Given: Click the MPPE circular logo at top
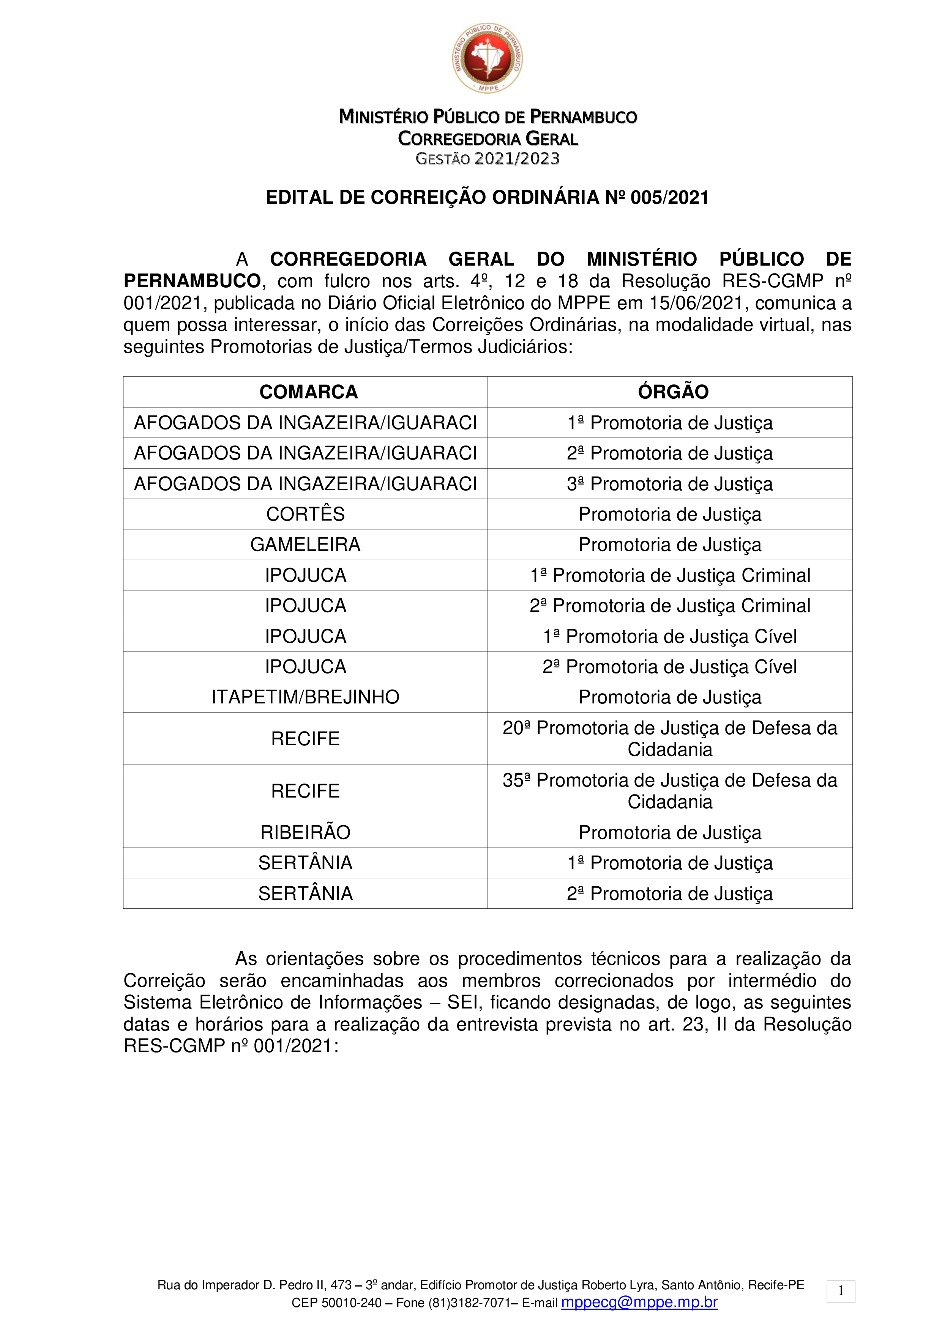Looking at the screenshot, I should [x=487, y=58].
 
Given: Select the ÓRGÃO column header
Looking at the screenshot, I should [x=673, y=392].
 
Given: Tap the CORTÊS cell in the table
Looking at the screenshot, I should [x=305, y=514].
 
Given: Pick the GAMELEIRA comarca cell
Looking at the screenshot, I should [x=305, y=544].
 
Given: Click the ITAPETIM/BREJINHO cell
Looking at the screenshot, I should [x=305, y=697].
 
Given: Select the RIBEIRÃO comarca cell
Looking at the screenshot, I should [x=305, y=832].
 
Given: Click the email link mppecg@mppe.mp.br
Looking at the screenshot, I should [x=639, y=1302].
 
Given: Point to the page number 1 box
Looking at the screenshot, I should [x=841, y=1291].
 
